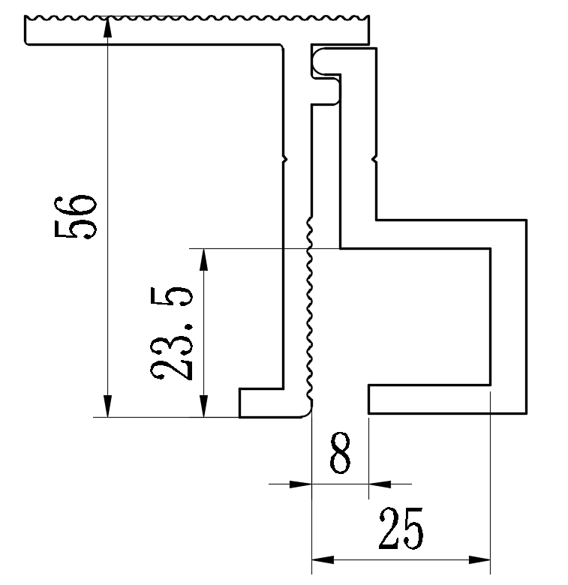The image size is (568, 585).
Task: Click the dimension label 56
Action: [x=76, y=217]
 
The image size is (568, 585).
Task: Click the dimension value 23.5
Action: [x=173, y=333]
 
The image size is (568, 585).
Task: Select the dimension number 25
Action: [x=401, y=529]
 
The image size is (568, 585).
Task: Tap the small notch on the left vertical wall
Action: [x=284, y=158]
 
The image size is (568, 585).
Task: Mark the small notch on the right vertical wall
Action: [x=374, y=158]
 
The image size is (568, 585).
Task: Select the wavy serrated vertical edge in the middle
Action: [x=309, y=315]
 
